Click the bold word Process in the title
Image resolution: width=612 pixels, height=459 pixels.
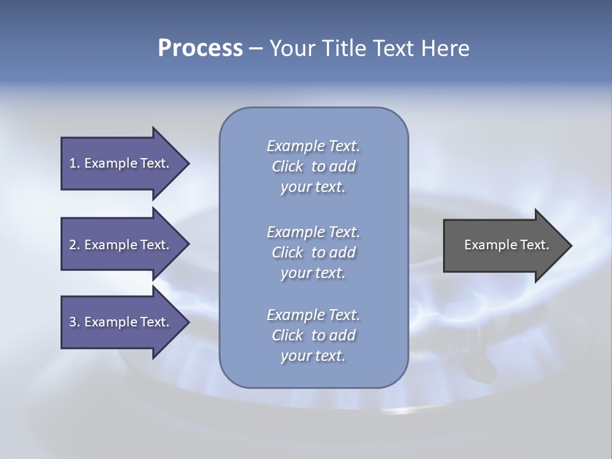[x=200, y=48]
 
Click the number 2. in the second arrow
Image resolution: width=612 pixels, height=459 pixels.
[x=74, y=245]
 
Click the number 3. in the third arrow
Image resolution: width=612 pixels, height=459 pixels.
[x=74, y=322]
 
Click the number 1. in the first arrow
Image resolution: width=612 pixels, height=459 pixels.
[x=74, y=163]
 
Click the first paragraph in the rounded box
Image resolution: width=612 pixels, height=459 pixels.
[x=313, y=166]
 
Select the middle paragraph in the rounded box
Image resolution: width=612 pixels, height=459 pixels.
[x=313, y=252]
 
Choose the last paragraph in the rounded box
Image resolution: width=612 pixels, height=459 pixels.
[x=313, y=335]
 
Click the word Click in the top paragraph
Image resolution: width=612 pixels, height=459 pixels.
[x=288, y=167]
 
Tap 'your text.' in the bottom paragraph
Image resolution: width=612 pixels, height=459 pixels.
[x=313, y=356]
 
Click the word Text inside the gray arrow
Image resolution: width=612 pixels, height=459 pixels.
[x=534, y=245]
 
